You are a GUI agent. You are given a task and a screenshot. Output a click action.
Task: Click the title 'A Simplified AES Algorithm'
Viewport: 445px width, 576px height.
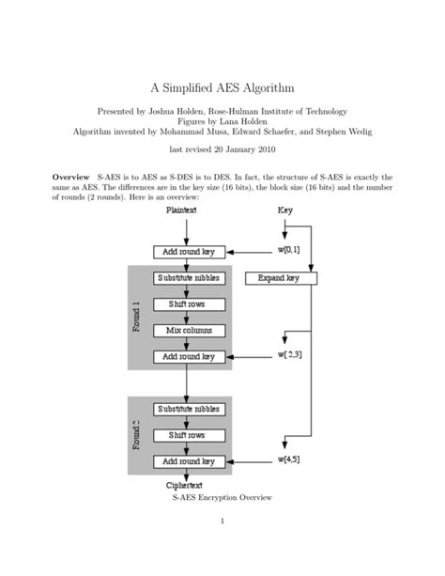click(222, 87)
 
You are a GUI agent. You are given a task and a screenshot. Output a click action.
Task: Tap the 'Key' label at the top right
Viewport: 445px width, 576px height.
click(285, 211)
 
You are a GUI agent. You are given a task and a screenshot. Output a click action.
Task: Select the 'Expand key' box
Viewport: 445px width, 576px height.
click(279, 278)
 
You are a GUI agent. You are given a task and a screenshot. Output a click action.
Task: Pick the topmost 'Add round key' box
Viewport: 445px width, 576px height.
click(188, 252)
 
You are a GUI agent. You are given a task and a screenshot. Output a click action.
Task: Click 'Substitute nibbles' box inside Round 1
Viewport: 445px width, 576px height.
click(188, 278)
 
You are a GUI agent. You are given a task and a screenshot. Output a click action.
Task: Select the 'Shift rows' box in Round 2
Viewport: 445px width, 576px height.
click(188, 435)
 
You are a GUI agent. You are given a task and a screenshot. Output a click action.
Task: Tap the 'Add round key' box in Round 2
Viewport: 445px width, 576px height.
click(188, 461)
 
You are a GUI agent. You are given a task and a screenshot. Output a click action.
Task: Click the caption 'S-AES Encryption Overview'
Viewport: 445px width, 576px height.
click(222, 497)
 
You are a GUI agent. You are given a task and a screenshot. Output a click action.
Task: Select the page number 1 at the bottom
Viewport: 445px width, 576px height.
click(222, 546)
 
